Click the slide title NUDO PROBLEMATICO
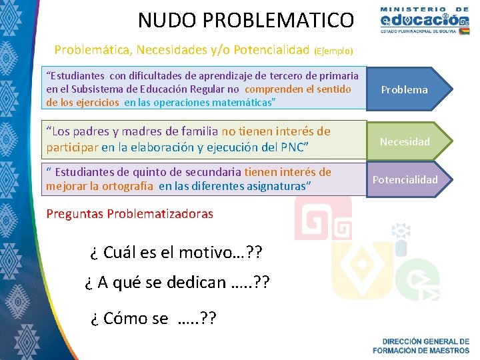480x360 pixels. click(245, 20)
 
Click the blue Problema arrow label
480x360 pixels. click(404, 90)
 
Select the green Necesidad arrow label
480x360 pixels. click(405, 141)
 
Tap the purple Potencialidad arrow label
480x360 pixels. click(405, 179)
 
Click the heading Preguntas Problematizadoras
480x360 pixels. click(130, 214)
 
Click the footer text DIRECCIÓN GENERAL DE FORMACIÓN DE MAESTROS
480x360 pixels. click(420, 345)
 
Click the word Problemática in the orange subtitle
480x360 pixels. click(91, 50)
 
